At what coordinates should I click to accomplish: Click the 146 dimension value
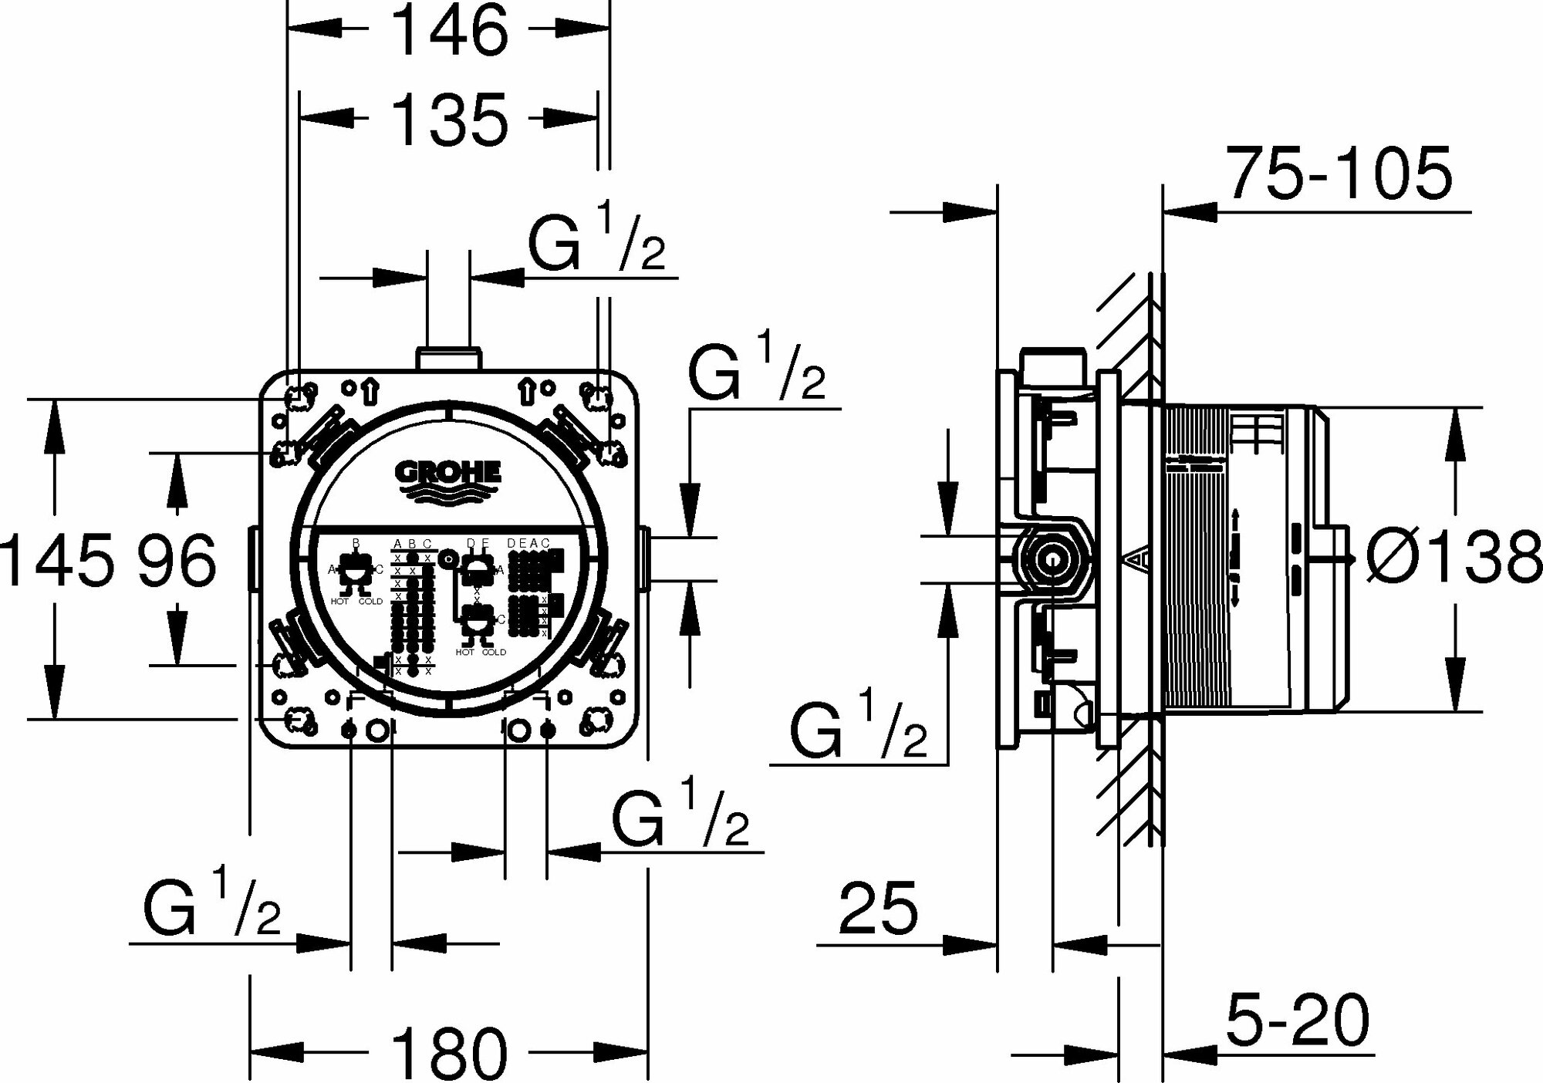coord(450,30)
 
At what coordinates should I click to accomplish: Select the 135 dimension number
coord(450,120)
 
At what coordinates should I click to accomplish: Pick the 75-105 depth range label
coord(1339,174)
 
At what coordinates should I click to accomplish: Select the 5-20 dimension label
coord(1296,1020)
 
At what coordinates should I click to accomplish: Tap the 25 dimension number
coord(878,907)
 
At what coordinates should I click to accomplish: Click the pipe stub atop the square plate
coord(448,359)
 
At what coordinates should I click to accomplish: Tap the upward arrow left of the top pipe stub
coord(370,391)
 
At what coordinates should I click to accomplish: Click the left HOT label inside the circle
coord(339,601)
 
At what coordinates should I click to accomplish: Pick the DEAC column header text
coord(528,544)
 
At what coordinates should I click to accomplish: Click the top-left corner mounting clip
coord(298,396)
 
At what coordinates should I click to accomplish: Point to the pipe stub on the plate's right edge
coord(647,558)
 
